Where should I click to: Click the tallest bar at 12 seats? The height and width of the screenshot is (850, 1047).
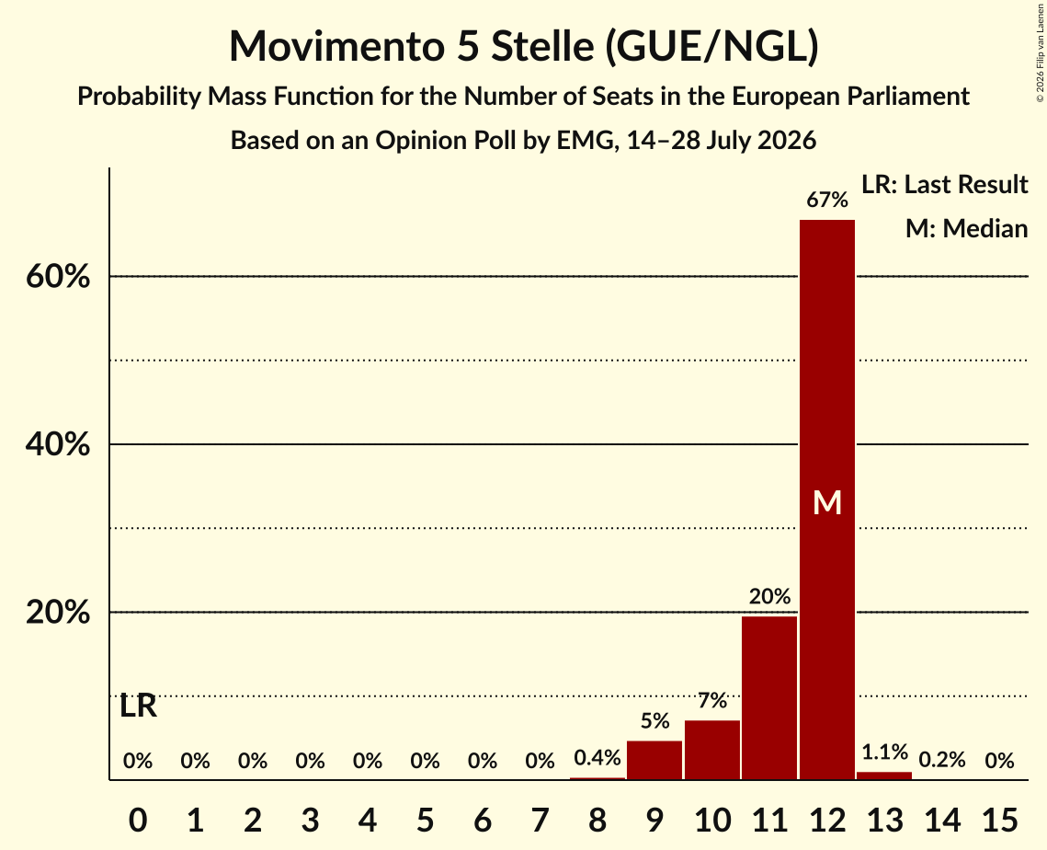(x=827, y=500)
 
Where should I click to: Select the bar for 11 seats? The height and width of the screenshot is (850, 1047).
(x=769, y=697)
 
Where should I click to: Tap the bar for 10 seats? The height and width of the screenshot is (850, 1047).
(x=712, y=750)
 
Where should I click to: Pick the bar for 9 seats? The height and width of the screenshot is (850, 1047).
(x=654, y=760)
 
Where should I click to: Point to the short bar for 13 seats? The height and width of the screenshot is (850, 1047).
(x=884, y=775)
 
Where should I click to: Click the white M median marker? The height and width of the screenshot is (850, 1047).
(x=827, y=502)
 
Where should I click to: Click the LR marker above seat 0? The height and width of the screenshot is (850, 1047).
(x=138, y=706)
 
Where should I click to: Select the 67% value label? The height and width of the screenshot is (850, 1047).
(x=827, y=199)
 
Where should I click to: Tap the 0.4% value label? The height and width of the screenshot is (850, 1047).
(x=597, y=758)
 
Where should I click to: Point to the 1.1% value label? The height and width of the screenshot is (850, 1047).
(x=884, y=752)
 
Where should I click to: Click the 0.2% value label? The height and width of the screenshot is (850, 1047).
(x=942, y=760)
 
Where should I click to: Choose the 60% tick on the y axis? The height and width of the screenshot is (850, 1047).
(x=58, y=276)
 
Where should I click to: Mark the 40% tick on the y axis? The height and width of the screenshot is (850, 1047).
(x=58, y=443)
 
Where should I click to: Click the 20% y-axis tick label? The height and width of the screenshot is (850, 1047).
(x=58, y=612)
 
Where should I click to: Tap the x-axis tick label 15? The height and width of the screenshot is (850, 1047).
(x=999, y=820)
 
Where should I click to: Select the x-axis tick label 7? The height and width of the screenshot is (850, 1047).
(x=541, y=820)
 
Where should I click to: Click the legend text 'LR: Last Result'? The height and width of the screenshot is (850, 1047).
(x=945, y=184)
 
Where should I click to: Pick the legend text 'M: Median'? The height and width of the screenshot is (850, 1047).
(x=967, y=228)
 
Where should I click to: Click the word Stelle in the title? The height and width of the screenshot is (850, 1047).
(x=542, y=46)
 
